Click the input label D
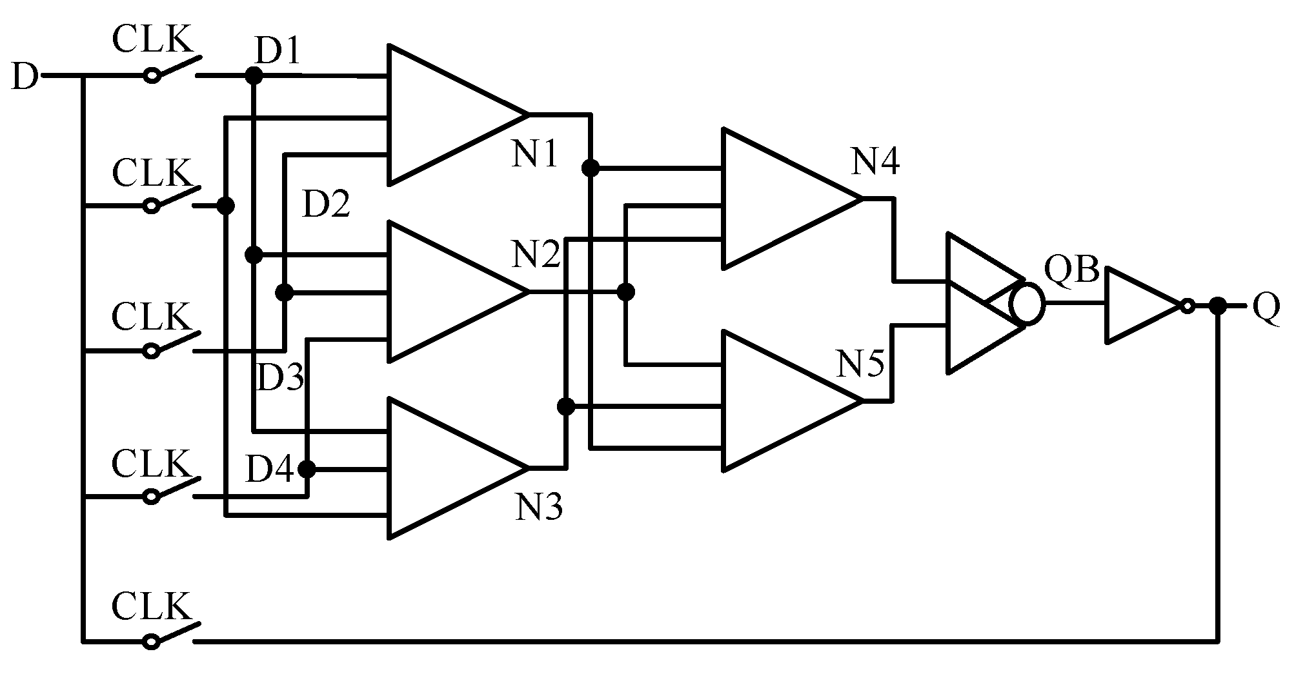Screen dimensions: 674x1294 click(25, 77)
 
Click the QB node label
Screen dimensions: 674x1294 click(1071, 270)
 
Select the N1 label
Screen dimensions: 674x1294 click(534, 155)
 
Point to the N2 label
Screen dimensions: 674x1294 click(536, 255)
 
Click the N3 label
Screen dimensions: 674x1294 click(539, 507)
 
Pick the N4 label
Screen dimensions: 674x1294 click(875, 162)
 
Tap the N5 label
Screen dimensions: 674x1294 click(860, 365)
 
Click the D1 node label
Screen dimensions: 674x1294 click(278, 51)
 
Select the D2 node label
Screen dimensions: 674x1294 click(327, 204)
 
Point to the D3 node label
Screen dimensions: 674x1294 click(280, 378)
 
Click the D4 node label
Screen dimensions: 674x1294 click(270, 469)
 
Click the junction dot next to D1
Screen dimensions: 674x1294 click(254, 76)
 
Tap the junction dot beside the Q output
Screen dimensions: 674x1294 click(1217, 306)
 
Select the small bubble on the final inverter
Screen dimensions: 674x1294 click(1188, 306)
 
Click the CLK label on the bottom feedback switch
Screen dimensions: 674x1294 click(152, 606)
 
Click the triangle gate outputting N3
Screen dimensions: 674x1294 click(445, 468)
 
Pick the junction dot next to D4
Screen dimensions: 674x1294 click(307, 468)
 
